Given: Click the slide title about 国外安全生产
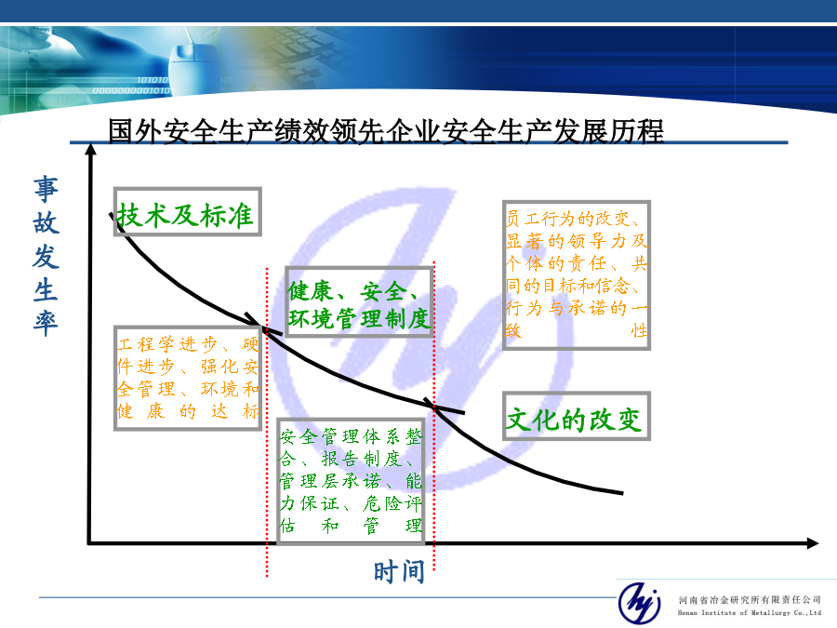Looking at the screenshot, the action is point(385,131).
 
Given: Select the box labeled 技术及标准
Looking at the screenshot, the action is point(187,211).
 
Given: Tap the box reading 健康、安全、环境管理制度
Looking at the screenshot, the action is point(359,301).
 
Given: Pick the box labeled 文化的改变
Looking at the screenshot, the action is point(577,416).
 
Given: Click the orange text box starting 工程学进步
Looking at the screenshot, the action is point(187,378).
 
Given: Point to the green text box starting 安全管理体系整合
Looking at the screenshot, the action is point(351,481).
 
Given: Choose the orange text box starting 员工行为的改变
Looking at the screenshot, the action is point(577,275).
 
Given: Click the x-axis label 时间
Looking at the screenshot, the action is point(399,571).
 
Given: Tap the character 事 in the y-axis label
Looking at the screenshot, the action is point(46,190).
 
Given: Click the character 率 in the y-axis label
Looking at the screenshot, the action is point(46,323).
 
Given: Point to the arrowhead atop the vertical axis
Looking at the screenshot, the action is point(91,149).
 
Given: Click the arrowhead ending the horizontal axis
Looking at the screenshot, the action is point(813,543).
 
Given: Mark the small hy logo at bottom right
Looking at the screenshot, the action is point(639,603).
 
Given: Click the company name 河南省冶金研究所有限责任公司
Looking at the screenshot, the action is point(750,600).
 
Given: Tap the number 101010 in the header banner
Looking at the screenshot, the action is point(153,80).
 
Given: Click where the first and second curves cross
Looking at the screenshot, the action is point(262,327).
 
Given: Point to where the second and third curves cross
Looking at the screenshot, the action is point(434,407).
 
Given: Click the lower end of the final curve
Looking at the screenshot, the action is point(622,493).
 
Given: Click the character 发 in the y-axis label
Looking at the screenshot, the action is point(46,257).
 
